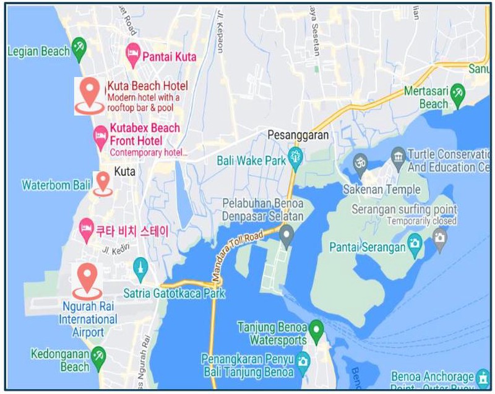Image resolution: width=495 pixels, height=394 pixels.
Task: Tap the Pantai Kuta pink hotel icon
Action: pyautogui.click(x=132, y=55)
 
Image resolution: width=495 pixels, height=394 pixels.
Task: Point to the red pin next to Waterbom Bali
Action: pyautogui.click(x=103, y=182)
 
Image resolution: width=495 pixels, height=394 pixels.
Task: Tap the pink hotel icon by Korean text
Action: pyautogui.click(x=87, y=230)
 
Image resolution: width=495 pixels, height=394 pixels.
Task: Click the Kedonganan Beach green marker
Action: pyautogui.click(x=98, y=357)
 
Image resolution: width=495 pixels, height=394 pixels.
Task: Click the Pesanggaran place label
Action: pyautogui.click(x=298, y=135)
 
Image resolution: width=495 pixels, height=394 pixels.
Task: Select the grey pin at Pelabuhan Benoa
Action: pyautogui.click(x=286, y=234)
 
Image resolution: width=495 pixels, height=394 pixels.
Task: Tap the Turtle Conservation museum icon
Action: pyautogui.click(x=398, y=154)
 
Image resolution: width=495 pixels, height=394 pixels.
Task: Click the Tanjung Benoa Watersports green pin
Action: pyautogui.click(x=316, y=329)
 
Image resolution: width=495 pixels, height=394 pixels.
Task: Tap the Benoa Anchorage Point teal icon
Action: pyautogui.click(x=483, y=377)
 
